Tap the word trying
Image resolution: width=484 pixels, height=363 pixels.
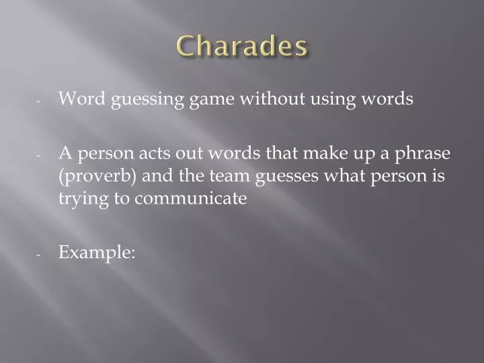tap(81, 200)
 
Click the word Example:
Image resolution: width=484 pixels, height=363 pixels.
tap(97, 253)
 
